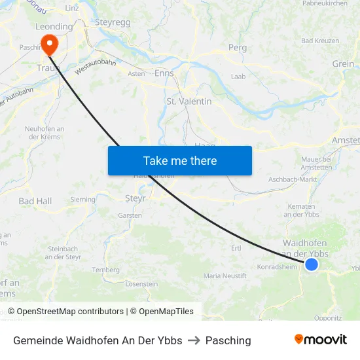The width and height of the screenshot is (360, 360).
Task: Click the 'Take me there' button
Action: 180,160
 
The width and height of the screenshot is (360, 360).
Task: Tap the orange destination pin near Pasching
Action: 49,43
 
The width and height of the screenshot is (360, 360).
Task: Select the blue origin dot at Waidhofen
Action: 312,264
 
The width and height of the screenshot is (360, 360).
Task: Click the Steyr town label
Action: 135,198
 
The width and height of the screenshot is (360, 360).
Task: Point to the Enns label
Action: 164,73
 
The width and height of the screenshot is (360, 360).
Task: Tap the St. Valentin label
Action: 189,101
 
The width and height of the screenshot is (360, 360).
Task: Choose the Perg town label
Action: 237,47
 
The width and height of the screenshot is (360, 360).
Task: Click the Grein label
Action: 343,64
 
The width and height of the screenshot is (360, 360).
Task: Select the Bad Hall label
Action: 35,201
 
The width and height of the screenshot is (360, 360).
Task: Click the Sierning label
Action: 82,199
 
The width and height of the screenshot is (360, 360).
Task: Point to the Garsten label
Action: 130,215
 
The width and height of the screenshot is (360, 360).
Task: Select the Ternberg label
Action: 106,270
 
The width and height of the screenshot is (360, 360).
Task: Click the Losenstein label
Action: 141,284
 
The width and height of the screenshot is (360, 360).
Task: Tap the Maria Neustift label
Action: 225,276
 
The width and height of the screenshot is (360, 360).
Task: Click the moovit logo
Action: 321,339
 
